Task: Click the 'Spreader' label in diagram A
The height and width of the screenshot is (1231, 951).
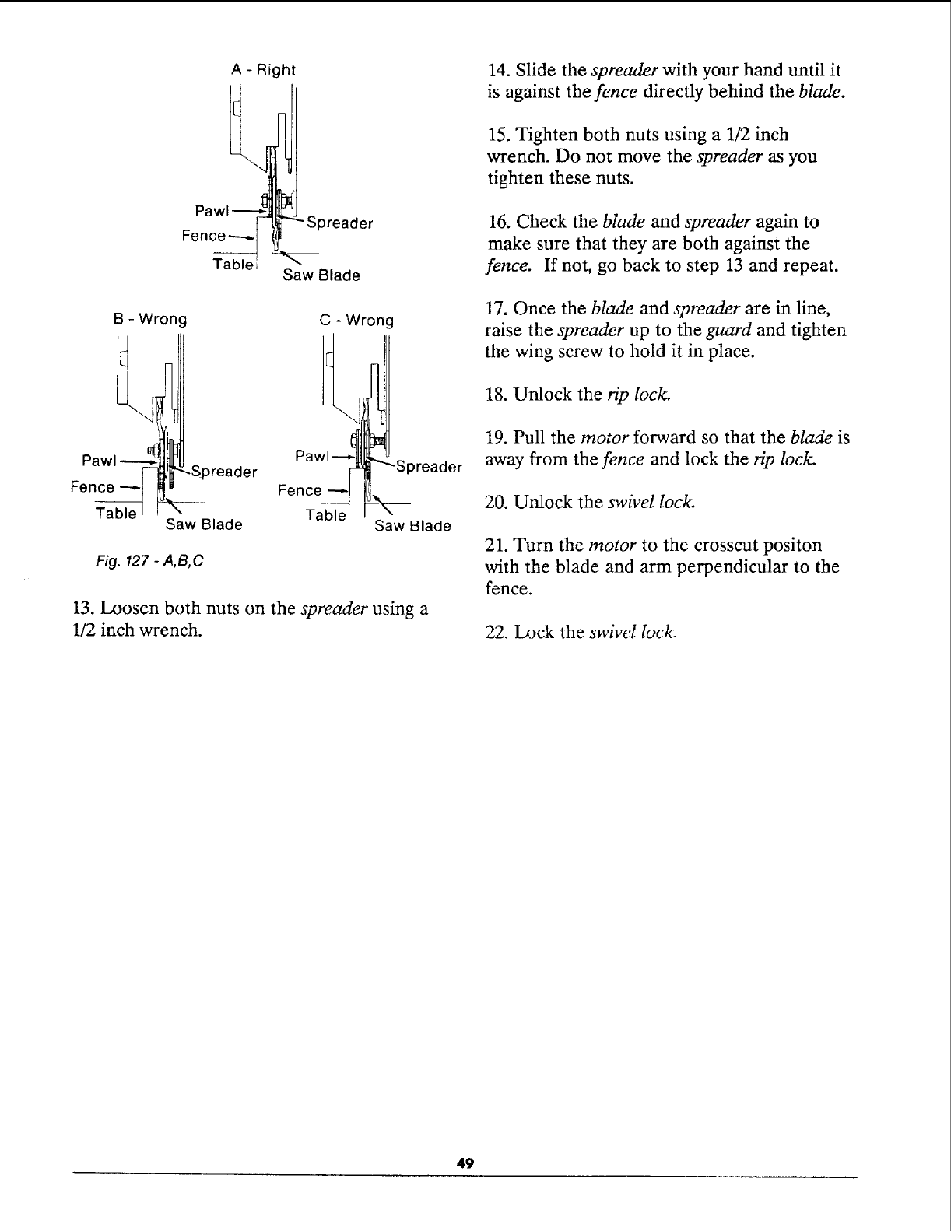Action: (x=341, y=224)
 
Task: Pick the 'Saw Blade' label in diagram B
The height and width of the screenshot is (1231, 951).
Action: (x=204, y=524)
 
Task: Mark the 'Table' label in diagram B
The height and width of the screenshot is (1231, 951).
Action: (x=115, y=514)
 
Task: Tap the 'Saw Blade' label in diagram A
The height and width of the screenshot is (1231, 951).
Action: (x=321, y=275)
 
